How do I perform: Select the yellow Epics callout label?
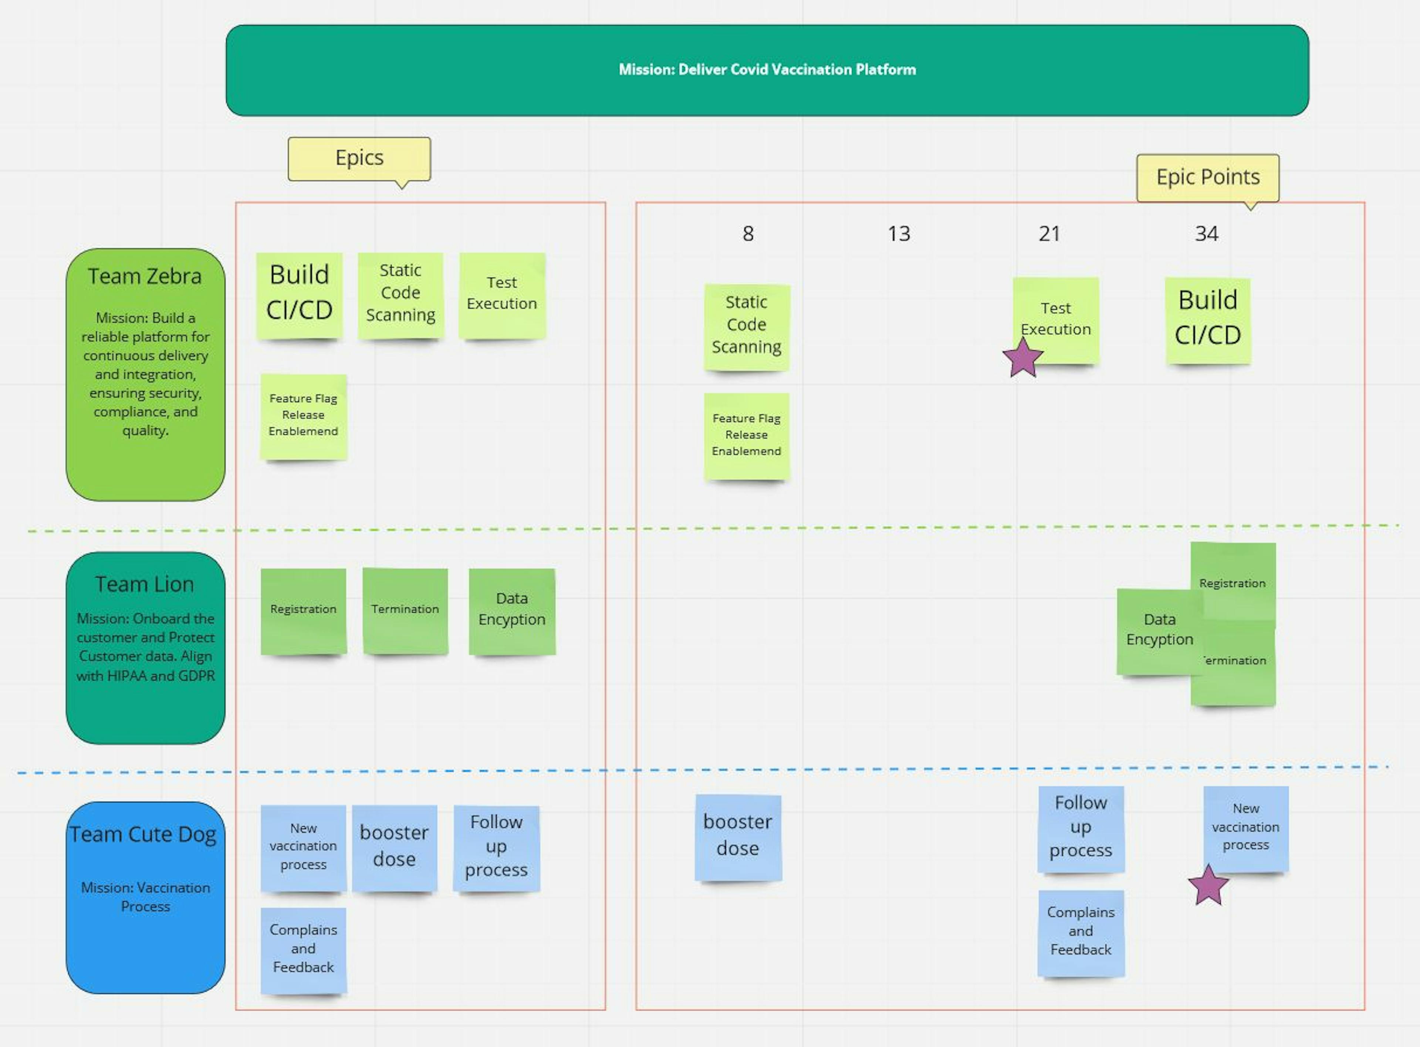pos(359,158)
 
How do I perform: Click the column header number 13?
pos(899,234)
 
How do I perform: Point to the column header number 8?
pos(748,234)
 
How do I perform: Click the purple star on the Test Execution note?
pos(1022,358)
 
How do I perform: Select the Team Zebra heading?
pos(145,276)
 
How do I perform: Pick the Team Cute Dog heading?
pos(143,834)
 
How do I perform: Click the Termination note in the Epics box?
pos(405,610)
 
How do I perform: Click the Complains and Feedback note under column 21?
pos(1081,932)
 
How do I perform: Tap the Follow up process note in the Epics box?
pos(496,847)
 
